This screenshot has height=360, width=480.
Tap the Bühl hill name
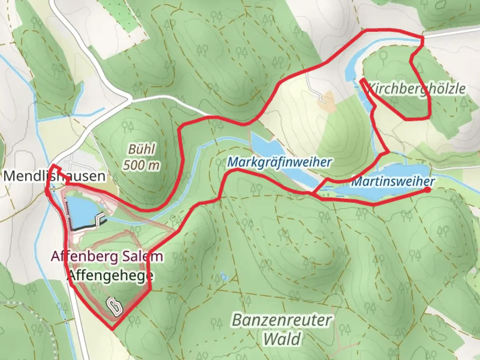(142, 149)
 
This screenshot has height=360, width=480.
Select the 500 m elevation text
(141, 165)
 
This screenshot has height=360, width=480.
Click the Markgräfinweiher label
(279, 162)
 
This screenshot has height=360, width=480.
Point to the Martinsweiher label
(393, 182)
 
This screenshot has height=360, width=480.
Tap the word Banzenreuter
(282, 320)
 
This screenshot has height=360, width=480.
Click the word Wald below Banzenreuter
(282, 339)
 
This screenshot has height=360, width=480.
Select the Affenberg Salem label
(107, 256)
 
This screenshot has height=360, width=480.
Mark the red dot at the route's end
(427, 190)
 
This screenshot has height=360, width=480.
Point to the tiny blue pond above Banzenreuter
(223, 277)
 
